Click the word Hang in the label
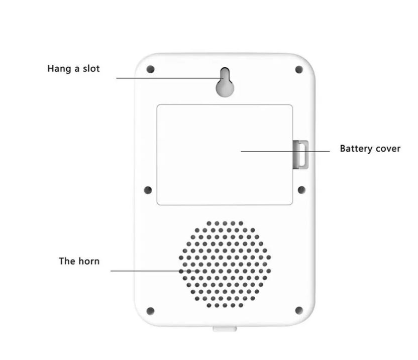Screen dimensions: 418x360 pyautogui.click(x=59, y=69)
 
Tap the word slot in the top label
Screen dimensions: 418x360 pyautogui.click(x=91, y=68)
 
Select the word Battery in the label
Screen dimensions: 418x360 pyautogui.click(x=357, y=149)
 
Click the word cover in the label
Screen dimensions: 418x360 pyautogui.click(x=388, y=149)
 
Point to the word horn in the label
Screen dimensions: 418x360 pyautogui.click(x=89, y=261)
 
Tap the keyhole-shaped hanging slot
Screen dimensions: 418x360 pyautogui.click(x=225, y=82)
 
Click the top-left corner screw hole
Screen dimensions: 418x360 pyautogui.click(x=151, y=69)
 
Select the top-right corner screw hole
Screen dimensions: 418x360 pyautogui.click(x=299, y=70)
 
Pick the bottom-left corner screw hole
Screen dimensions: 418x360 pyautogui.click(x=151, y=311)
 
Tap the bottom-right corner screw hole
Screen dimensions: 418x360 pyautogui.click(x=299, y=310)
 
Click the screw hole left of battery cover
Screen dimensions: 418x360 pyautogui.click(x=148, y=190)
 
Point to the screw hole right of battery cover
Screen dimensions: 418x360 pyautogui.click(x=301, y=190)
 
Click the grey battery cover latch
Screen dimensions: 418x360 pyautogui.click(x=300, y=155)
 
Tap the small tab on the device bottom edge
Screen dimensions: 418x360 pyautogui.click(x=225, y=329)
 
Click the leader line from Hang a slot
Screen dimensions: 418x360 pyautogui.click(x=170, y=78)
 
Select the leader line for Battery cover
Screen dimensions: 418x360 pyautogui.click(x=285, y=151)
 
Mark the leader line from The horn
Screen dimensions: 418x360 pyautogui.click(x=155, y=271)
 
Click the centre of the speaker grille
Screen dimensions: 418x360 pyautogui.click(x=225, y=264)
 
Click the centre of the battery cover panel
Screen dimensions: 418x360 pyautogui.click(x=225, y=155)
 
